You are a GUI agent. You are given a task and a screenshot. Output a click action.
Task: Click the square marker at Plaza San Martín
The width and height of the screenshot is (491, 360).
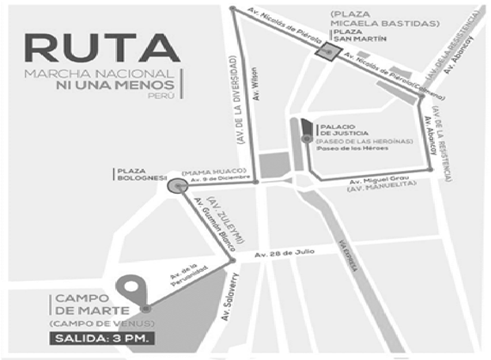tap(323, 51)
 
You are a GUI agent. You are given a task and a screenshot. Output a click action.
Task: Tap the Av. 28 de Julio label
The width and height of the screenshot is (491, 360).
tap(284, 253)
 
